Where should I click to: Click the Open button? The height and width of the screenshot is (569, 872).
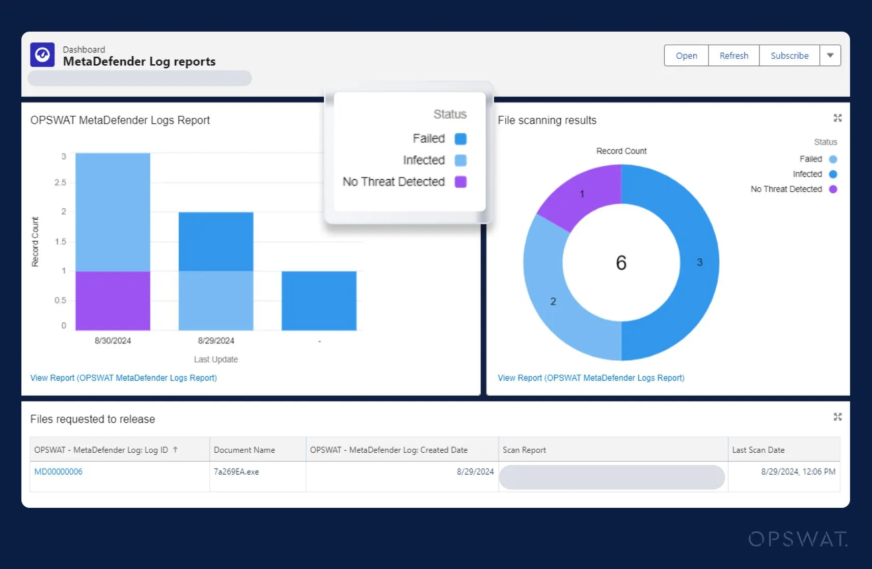pyautogui.click(x=686, y=56)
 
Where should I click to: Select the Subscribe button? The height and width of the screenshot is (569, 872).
pyautogui.click(x=789, y=56)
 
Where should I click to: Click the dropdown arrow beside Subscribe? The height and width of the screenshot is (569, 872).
pyautogui.click(x=830, y=56)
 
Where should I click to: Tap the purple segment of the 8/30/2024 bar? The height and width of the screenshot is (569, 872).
pyautogui.click(x=113, y=300)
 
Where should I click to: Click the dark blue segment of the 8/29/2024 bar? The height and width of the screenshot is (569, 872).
pyautogui.click(x=215, y=241)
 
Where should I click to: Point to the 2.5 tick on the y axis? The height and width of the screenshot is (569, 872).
pyautogui.click(x=61, y=183)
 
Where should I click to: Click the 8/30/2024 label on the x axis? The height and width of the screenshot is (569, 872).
pyautogui.click(x=113, y=341)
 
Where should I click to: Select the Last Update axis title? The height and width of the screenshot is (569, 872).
pyautogui.click(x=215, y=359)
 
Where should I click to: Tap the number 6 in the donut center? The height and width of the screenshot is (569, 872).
pyautogui.click(x=621, y=263)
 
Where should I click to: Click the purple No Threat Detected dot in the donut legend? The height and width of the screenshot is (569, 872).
pyautogui.click(x=833, y=189)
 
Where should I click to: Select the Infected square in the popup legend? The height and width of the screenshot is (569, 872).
pyautogui.click(x=460, y=160)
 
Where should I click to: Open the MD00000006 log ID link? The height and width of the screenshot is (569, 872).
pyautogui.click(x=58, y=472)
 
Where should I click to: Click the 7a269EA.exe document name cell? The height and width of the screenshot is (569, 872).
pyautogui.click(x=236, y=472)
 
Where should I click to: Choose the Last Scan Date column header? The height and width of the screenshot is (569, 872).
pyautogui.click(x=758, y=450)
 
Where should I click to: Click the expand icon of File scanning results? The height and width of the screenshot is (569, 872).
pyautogui.click(x=837, y=118)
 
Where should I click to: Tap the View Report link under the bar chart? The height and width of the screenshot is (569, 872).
pyautogui.click(x=123, y=378)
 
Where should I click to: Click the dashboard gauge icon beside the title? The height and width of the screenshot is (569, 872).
pyautogui.click(x=42, y=55)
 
